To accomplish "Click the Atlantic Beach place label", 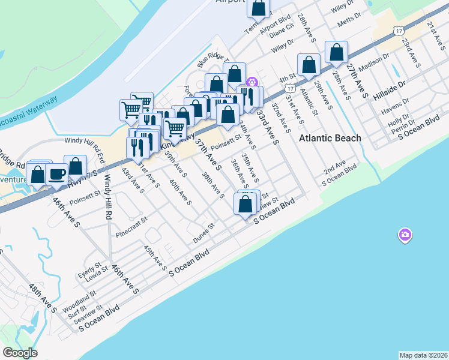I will coord(330,138).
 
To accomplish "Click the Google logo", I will coord(20,353).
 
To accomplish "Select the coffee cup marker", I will coord(56,175).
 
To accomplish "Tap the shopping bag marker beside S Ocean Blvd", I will coord(246,204).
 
